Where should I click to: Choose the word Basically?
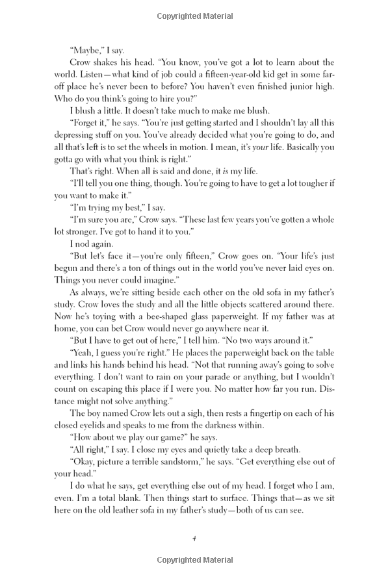[297, 159]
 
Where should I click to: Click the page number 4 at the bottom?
[194, 538]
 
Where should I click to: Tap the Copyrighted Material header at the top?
[194, 15]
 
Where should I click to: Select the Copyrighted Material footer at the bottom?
[194, 560]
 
